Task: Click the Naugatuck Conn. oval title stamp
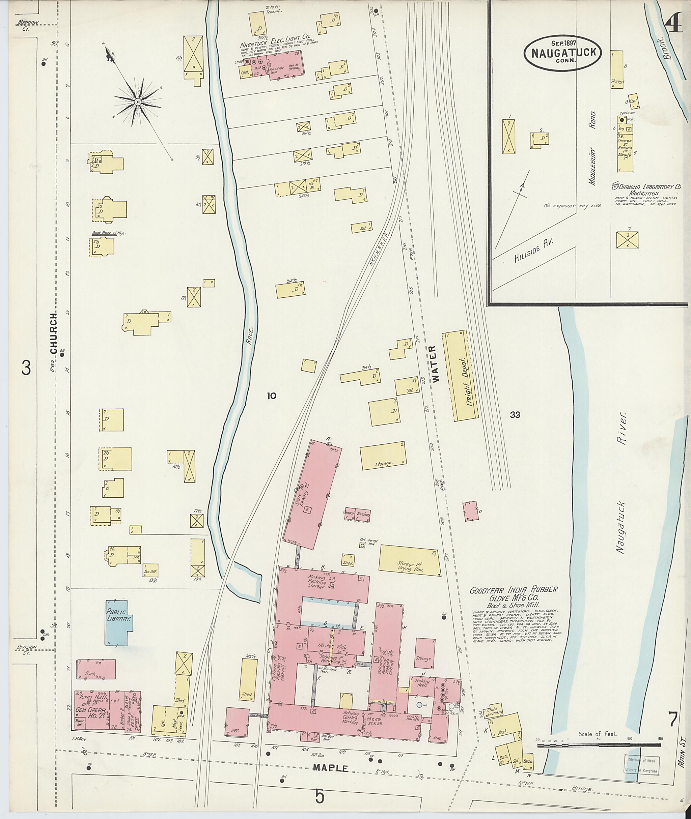pos(561,53)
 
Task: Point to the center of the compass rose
pos(138,102)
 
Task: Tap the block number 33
pos(515,415)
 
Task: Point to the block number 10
pos(272,396)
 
